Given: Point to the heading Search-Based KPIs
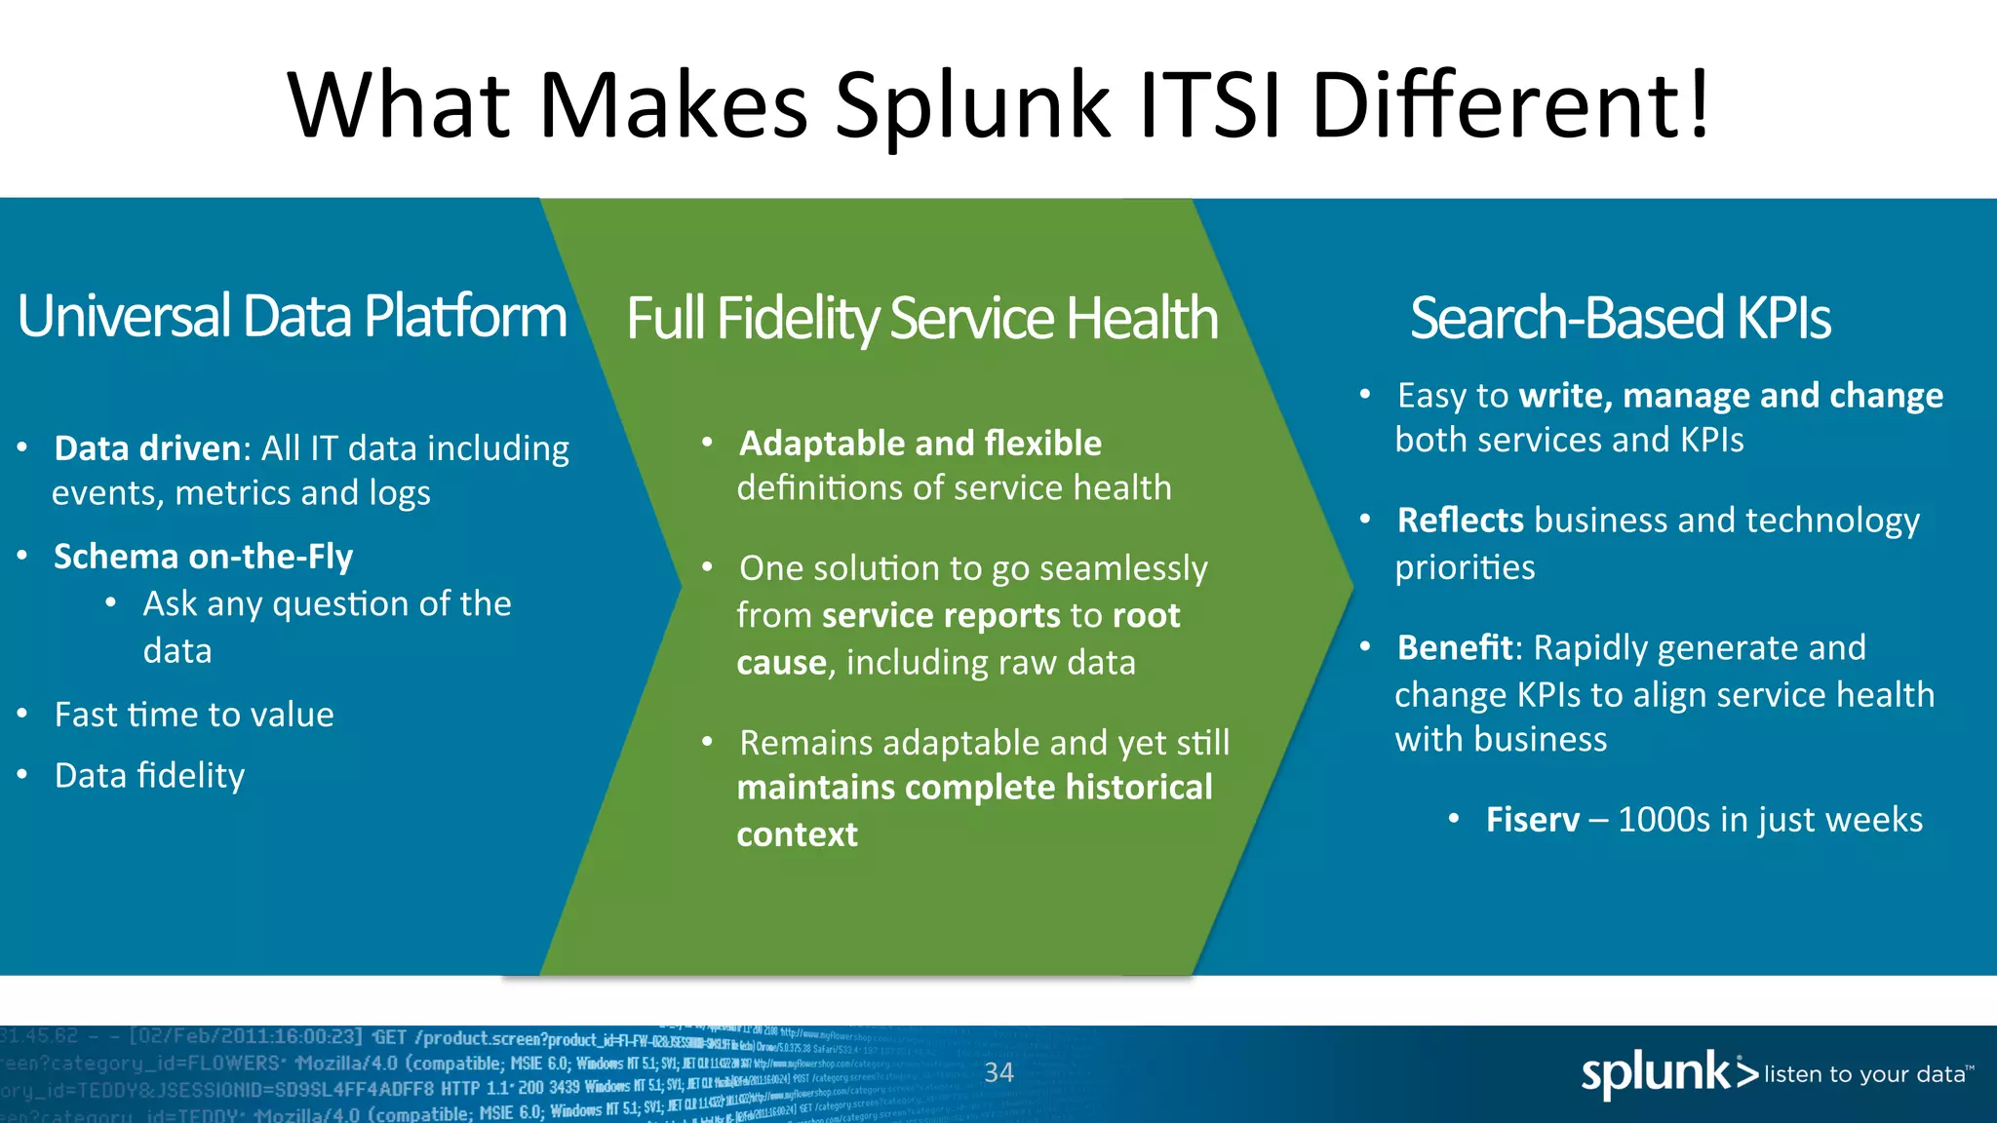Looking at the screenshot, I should coord(1620,318).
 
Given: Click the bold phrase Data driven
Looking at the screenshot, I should coord(147,447).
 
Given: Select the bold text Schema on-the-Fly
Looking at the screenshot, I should coord(203,556).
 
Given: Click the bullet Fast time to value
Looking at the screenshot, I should coord(194,715).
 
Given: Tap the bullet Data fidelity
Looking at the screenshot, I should coord(149,775).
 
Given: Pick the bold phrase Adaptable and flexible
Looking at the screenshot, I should coord(920,444).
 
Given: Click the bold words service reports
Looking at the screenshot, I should coord(941,615).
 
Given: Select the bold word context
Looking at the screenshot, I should coord(797,834).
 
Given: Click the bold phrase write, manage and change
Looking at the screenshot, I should coord(1731,396).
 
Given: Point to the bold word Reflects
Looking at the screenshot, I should coord(1460,521).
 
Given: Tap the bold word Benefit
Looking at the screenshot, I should coord(1454,647).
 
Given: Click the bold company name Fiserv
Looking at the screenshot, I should coord(1532,820).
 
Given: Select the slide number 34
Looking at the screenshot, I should coord(998,1073).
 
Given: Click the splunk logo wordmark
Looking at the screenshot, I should coord(1656,1073).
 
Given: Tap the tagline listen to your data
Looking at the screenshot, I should coord(1864,1074).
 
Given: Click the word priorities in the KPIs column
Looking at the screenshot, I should coord(1465,567).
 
